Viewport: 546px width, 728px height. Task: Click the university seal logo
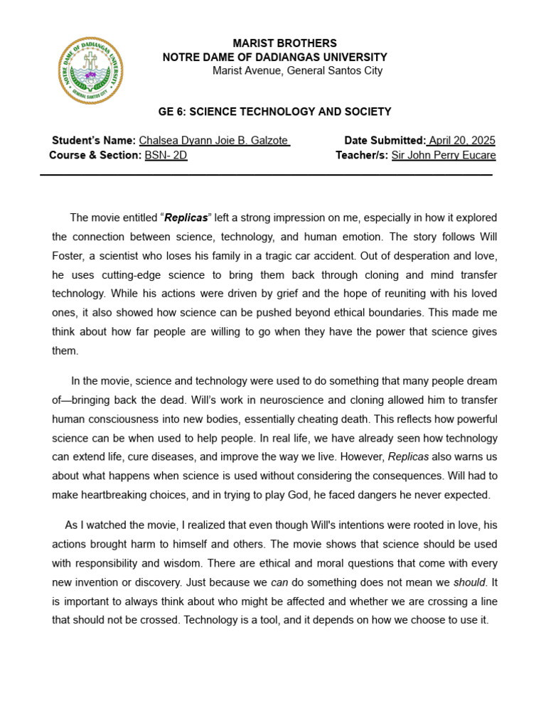tap(90, 70)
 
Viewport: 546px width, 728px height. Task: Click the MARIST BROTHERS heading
tap(284, 43)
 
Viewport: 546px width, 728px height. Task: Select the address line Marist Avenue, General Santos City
tap(297, 70)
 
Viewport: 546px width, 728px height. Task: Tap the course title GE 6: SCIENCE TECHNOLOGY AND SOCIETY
tap(274, 112)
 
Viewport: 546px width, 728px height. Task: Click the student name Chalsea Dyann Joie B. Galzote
tap(214, 141)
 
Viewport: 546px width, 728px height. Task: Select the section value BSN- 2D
tap(166, 155)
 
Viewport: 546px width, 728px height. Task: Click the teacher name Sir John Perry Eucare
tap(444, 155)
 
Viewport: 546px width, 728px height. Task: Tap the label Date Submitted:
tap(385, 141)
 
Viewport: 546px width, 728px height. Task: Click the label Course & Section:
tap(95, 155)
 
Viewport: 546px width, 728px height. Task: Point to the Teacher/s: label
tap(362, 155)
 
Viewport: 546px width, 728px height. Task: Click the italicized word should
tap(471, 582)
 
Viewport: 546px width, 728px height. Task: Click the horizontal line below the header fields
tap(266, 174)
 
